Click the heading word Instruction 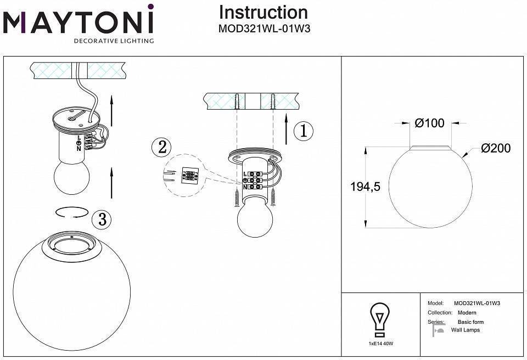(x=263, y=12)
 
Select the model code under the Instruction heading (x=264, y=29)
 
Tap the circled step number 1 (x=303, y=131)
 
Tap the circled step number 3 (x=102, y=219)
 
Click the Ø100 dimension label (x=429, y=123)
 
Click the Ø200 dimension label (x=495, y=148)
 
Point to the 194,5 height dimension (x=365, y=187)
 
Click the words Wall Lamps (x=465, y=330)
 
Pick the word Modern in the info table (x=467, y=312)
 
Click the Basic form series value (x=470, y=322)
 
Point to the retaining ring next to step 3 (x=71, y=212)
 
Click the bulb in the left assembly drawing (x=70, y=176)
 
